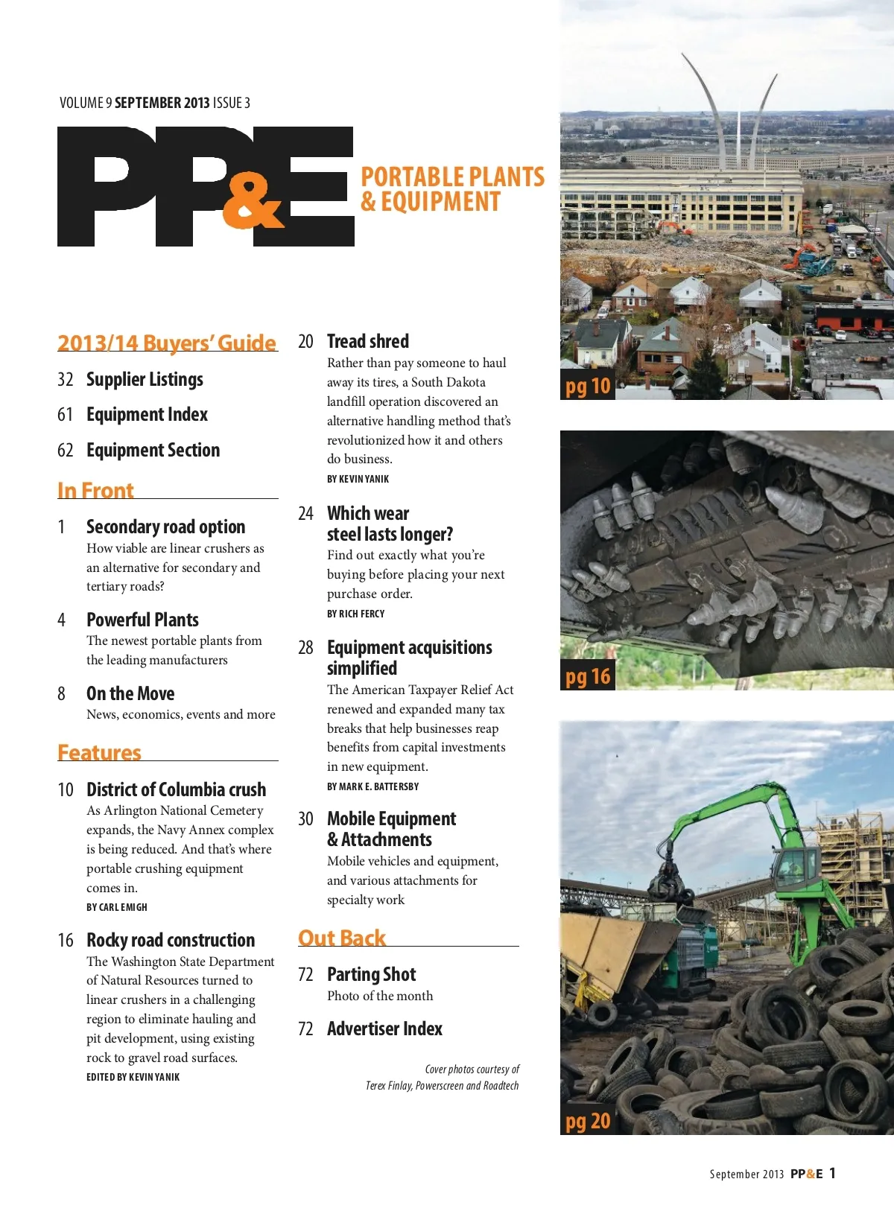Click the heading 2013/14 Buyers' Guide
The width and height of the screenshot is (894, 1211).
[167, 343]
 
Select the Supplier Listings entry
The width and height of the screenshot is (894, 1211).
[145, 379]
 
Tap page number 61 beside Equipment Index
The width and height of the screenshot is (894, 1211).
[65, 414]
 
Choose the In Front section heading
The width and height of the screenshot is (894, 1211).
[95, 490]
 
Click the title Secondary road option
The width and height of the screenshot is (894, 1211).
[165, 527]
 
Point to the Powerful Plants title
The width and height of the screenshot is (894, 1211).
[142, 620]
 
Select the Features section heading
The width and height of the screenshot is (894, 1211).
[99, 752]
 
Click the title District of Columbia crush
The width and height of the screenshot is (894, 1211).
[176, 789]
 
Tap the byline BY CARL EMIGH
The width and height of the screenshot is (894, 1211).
[117, 907]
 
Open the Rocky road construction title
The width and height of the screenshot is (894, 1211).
[171, 940]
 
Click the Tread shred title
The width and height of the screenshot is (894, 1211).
[368, 341]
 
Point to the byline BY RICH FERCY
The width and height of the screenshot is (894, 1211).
[356, 614]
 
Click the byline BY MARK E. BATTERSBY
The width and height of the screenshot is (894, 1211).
[372, 786]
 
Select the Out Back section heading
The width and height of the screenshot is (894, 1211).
[342, 938]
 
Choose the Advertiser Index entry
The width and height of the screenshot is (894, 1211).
[384, 1029]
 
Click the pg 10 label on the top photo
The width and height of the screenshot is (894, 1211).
[588, 386]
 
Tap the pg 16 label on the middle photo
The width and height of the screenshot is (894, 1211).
[588, 676]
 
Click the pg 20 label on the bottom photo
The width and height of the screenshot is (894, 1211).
[588, 1121]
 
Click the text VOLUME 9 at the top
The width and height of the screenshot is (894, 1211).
[85, 103]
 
